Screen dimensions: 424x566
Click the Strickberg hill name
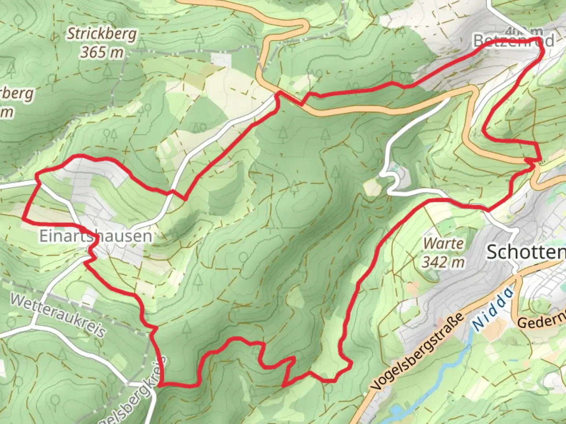tap(102, 34)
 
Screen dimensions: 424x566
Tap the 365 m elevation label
tap(102, 52)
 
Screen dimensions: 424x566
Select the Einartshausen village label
tap(96, 236)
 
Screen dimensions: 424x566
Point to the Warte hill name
tap(443, 243)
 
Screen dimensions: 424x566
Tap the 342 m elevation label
tap(443, 261)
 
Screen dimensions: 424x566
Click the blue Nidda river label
tap(493, 309)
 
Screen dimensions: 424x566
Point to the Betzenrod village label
tap(513, 40)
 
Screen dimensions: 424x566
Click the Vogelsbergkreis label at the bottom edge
tap(130, 397)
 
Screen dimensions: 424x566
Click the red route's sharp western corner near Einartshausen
tap(24, 218)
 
